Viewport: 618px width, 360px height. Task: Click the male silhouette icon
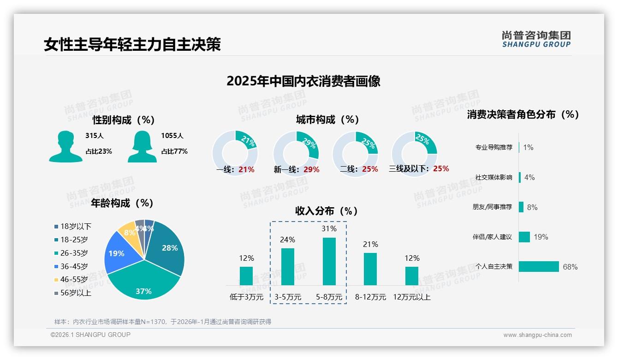[x=65, y=146]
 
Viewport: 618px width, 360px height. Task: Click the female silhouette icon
[x=142, y=146]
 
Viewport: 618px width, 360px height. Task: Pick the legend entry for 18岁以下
[x=73, y=226]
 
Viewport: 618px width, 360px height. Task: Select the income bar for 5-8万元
[x=329, y=261]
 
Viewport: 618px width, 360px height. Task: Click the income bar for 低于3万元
[x=246, y=276]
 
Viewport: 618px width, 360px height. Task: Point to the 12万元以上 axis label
[x=411, y=297]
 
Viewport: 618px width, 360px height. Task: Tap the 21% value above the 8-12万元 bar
[x=370, y=244]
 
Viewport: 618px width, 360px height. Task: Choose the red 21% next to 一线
[x=246, y=169]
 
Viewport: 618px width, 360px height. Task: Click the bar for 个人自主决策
[x=539, y=266]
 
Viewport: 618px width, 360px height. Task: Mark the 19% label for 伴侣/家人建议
[x=541, y=237]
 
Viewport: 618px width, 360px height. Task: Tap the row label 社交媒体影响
[x=493, y=177]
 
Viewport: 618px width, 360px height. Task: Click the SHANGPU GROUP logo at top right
[x=536, y=39]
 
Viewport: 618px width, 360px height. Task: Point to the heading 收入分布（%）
[x=327, y=211]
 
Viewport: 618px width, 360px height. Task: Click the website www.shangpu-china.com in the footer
[x=537, y=335]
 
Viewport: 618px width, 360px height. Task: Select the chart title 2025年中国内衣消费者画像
[x=303, y=81]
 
